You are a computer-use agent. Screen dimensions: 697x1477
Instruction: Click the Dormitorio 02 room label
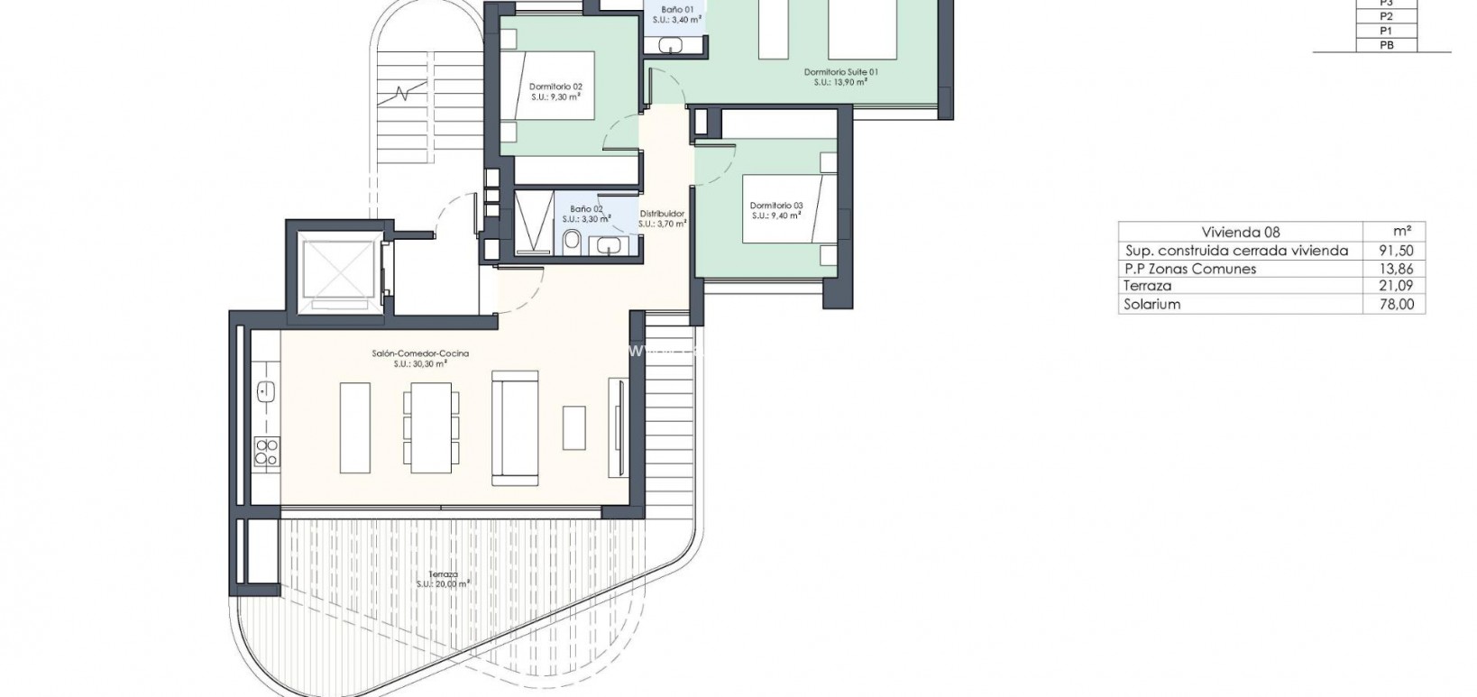[x=555, y=87]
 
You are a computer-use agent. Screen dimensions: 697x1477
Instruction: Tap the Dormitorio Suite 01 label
[x=840, y=71]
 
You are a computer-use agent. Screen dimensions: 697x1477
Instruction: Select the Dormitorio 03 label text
[x=775, y=206]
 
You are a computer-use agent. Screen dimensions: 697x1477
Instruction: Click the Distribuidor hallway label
[x=662, y=214]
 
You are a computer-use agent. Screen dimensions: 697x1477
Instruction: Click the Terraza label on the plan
[x=443, y=574]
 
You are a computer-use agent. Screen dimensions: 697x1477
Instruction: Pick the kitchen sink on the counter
[x=265, y=391]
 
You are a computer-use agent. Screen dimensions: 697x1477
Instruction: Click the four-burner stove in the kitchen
[x=265, y=451]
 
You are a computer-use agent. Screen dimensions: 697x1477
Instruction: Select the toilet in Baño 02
[x=571, y=242]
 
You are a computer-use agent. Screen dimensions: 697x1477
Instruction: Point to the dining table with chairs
[x=431, y=426]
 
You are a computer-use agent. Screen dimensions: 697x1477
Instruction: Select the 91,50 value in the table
[x=1393, y=251]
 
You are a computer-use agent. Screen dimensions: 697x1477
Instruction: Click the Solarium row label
[x=1151, y=305]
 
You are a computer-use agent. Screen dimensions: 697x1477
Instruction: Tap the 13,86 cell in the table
[x=1393, y=269]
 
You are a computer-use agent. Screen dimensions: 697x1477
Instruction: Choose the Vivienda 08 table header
[x=1240, y=232]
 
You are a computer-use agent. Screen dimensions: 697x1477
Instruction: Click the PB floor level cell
[x=1387, y=44]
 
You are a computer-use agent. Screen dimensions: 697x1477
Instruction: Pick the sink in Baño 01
[x=671, y=44]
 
